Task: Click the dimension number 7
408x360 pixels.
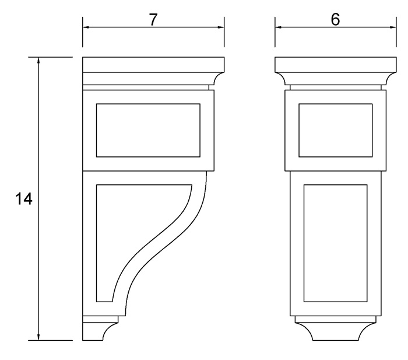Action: (x=153, y=19)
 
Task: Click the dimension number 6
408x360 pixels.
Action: (x=335, y=19)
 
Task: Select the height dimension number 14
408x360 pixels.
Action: (x=23, y=199)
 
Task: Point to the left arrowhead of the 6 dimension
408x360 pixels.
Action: (x=279, y=27)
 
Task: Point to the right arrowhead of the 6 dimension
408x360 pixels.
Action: (x=391, y=27)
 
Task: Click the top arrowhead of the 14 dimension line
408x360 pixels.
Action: (x=38, y=61)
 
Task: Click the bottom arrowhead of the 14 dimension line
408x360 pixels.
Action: (x=38, y=336)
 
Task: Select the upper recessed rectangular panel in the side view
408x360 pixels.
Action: (x=148, y=130)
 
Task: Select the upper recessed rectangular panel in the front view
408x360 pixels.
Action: (x=335, y=130)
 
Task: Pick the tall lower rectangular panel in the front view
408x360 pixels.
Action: (x=335, y=243)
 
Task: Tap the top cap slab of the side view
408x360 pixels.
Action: (x=153, y=64)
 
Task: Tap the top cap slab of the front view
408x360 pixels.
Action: (x=335, y=64)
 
